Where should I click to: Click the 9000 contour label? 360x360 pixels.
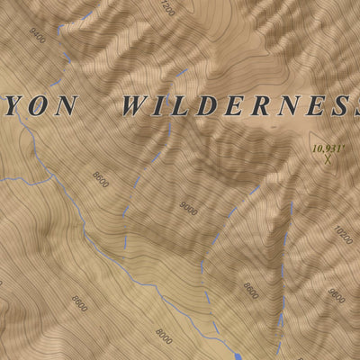(187, 208)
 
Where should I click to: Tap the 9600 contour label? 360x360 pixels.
(336, 294)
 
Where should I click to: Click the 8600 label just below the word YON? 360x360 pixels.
(101, 177)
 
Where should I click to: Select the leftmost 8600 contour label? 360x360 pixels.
(78, 304)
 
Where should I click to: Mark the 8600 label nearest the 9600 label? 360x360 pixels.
(249, 290)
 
